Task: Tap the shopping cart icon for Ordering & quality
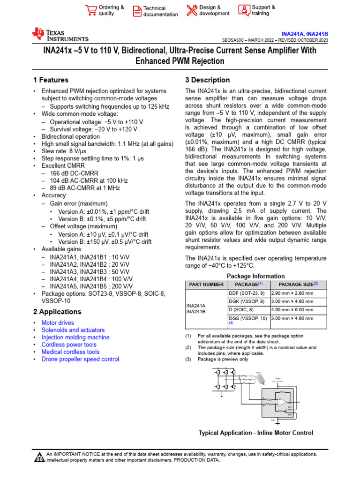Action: click(90, 10)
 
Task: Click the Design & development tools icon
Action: click(192, 10)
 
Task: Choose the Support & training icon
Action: click(244, 10)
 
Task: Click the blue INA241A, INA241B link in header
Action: click(305, 34)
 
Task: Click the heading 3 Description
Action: click(208, 80)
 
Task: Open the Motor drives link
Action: click(58, 323)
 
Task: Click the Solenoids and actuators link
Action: click(73, 330)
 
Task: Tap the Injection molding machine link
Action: click(75, 337)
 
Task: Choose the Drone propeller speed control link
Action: click(80, 359)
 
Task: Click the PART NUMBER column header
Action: click(206, 285)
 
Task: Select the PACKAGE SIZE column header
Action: click(298, 285)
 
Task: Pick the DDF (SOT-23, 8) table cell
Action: click(247, 292)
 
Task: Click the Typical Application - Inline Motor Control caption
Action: click(256, 433)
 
